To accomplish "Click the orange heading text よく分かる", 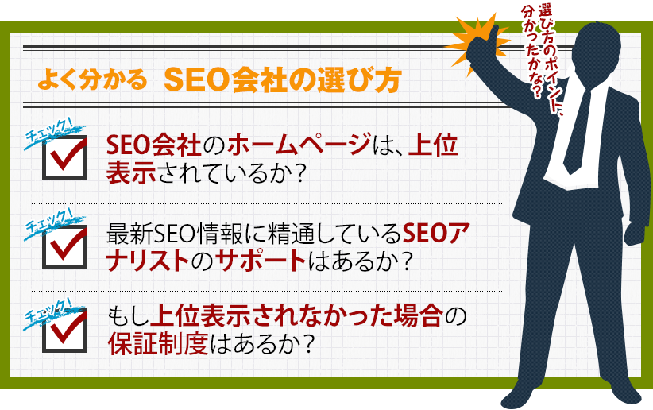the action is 92,79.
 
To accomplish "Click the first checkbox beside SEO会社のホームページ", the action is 64,157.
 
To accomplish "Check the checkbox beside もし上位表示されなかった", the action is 64,331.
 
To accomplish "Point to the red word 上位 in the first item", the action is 433,145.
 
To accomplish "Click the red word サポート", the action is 261,261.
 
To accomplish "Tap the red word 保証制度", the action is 158,344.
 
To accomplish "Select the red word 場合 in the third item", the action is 418,317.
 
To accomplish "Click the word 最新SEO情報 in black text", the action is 175,234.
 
